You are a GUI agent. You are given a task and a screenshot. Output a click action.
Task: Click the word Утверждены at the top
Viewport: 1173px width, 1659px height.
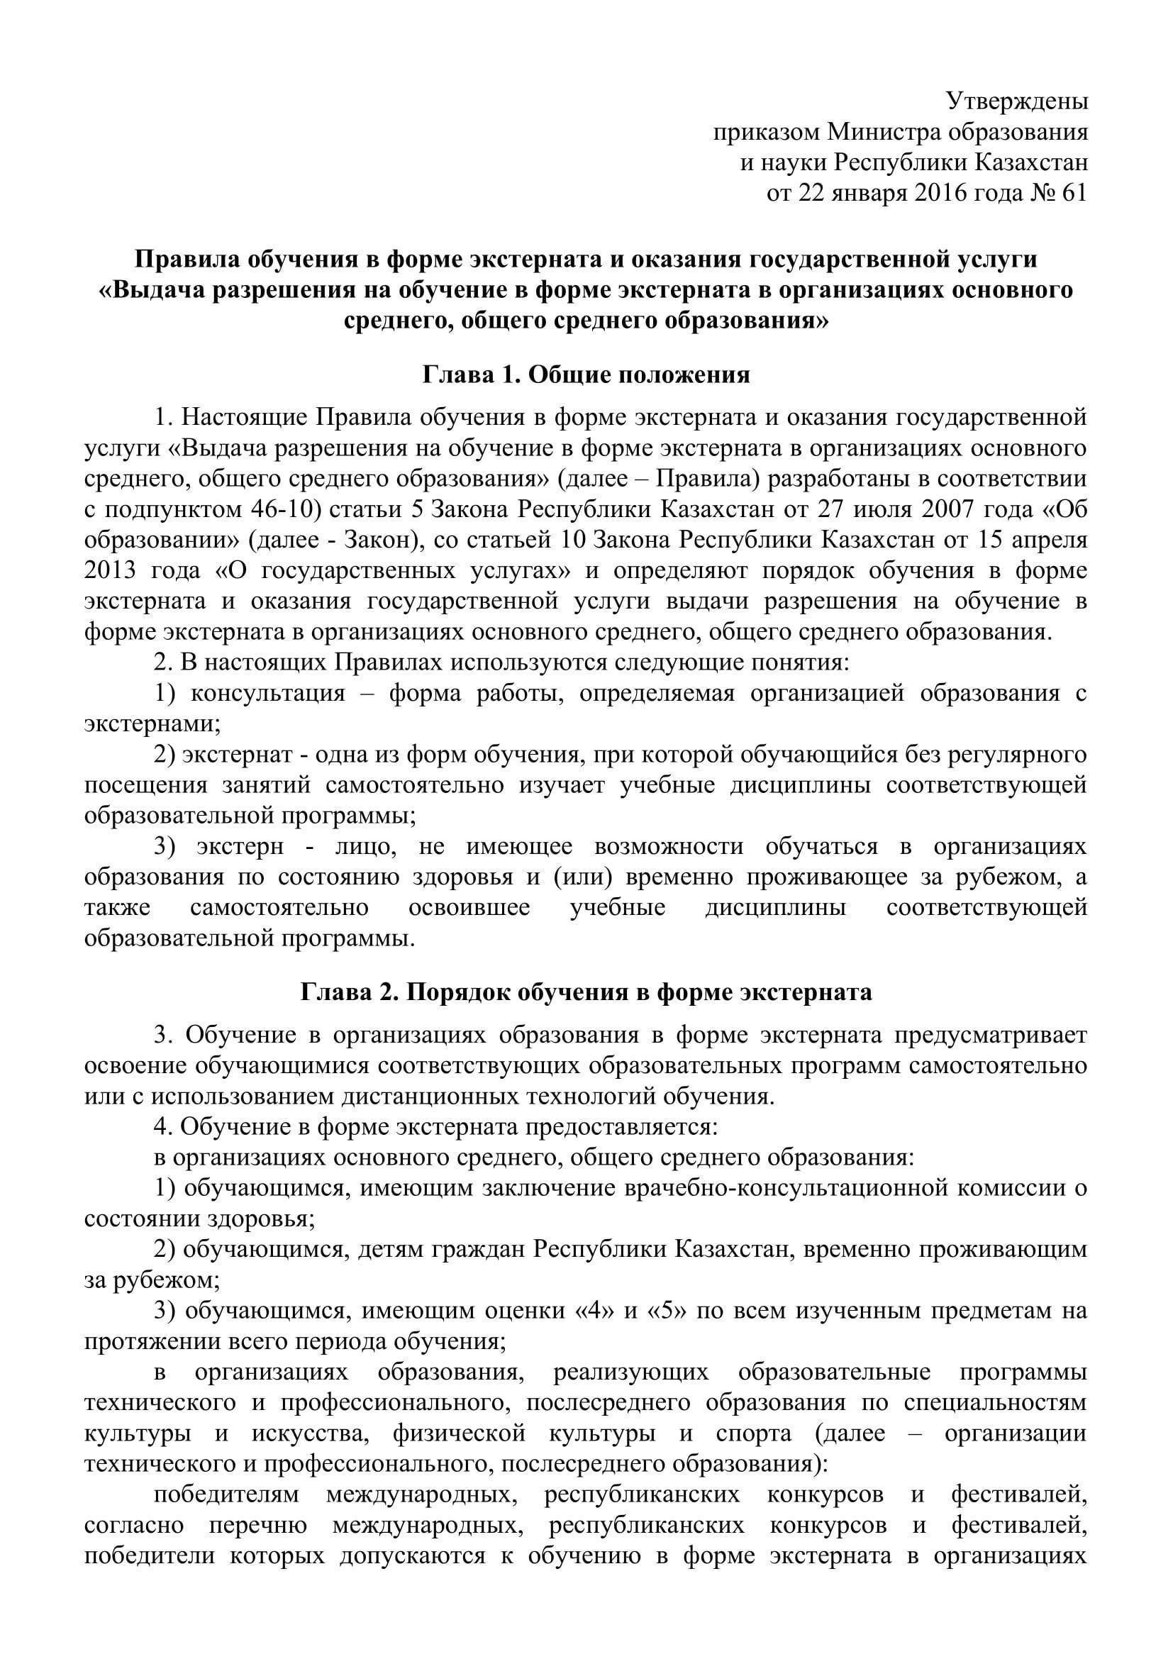tap(1017, 102)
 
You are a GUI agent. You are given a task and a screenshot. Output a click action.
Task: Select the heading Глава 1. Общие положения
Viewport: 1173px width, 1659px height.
tap(586, 375)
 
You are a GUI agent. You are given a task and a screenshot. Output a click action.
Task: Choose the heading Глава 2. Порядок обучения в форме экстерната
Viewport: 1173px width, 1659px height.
tap(586, 992)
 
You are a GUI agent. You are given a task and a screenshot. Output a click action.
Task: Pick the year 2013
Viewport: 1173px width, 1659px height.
tap(110, 570)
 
